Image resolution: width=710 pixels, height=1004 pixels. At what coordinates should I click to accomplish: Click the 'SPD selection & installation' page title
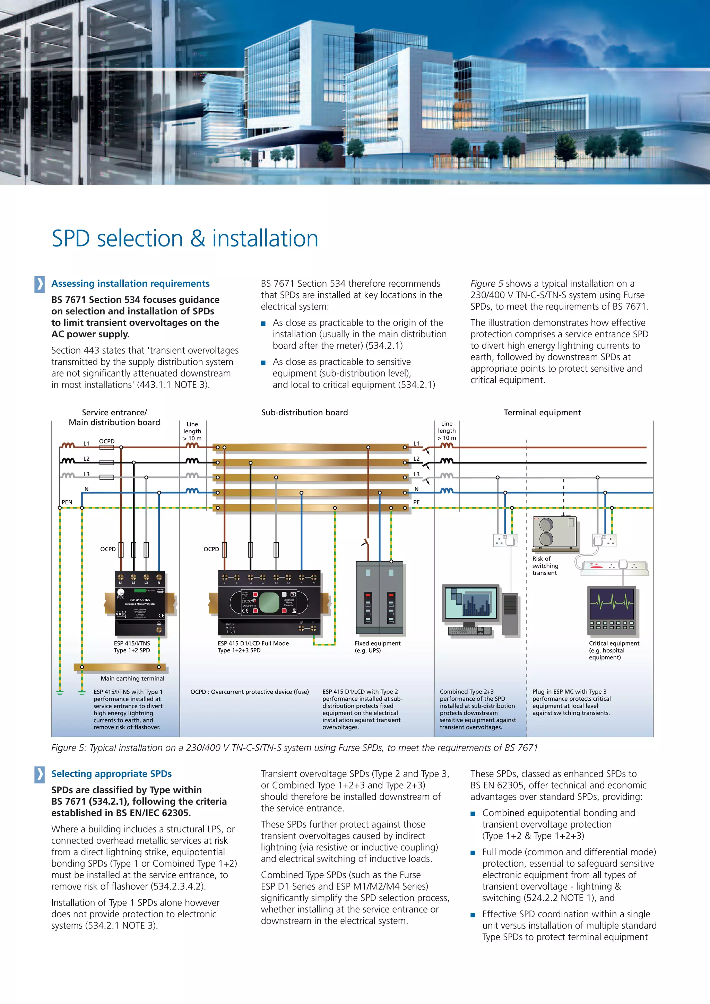(x=184, y=239)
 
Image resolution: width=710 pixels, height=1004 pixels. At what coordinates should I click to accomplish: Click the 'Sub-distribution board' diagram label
(x=304, y=412)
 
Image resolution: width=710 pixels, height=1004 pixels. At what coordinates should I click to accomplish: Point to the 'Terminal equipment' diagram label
(x=542, y=412)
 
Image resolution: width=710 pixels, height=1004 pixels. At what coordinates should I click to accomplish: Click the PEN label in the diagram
(x=67, y=502)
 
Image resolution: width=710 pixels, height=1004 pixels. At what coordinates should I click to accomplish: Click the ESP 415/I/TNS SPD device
(x=140, y=604)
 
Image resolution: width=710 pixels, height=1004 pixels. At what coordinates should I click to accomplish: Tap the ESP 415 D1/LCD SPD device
(x=269, y=603)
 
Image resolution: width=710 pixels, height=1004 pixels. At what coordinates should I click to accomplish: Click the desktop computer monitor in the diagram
(x=471, y=604)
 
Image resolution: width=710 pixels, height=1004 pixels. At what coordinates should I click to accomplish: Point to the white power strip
(x=614, y=568)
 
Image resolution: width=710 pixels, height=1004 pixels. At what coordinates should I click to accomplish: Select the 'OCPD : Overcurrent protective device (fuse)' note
(x=250, y=692)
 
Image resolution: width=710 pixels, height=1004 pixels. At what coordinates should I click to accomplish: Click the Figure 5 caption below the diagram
(x=294, y=748)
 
